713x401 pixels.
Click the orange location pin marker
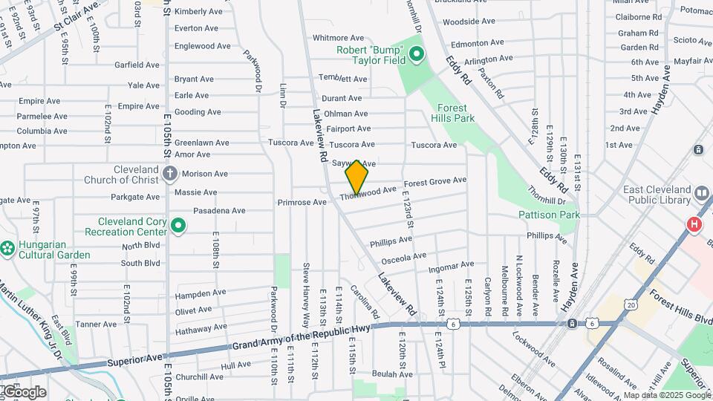(357, 177)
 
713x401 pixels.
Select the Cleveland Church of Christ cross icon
(170, 175)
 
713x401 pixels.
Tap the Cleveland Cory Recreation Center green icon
(178, 225)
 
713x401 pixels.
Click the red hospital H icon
(695, 224)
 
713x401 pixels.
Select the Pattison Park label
(549, 215)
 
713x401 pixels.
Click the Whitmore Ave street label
(338, 38)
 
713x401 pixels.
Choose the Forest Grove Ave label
(434, 181)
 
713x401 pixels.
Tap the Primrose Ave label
(302, 202)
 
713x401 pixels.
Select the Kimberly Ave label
(198, 11)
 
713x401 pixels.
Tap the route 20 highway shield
(631, 304)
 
